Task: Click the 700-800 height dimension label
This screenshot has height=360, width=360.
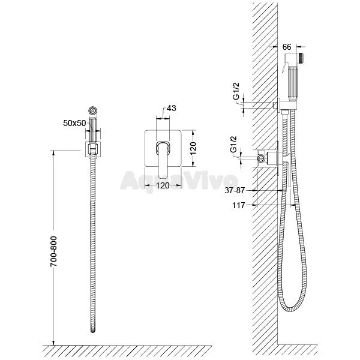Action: [53, 251]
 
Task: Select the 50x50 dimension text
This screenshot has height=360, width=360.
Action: [74, 123]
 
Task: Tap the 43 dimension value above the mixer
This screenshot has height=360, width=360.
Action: [171, 108]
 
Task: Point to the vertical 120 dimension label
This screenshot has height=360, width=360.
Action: [193, 148]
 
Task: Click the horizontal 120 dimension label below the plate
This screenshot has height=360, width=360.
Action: [163, 185]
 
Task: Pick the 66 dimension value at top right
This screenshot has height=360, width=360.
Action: [287, 47]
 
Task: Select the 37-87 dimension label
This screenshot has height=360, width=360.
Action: [235, 190]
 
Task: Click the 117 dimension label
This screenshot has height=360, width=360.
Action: [239, 205]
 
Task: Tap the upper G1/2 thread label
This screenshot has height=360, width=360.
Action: [236, 91]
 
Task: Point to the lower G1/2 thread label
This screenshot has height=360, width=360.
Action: [233, 144]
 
